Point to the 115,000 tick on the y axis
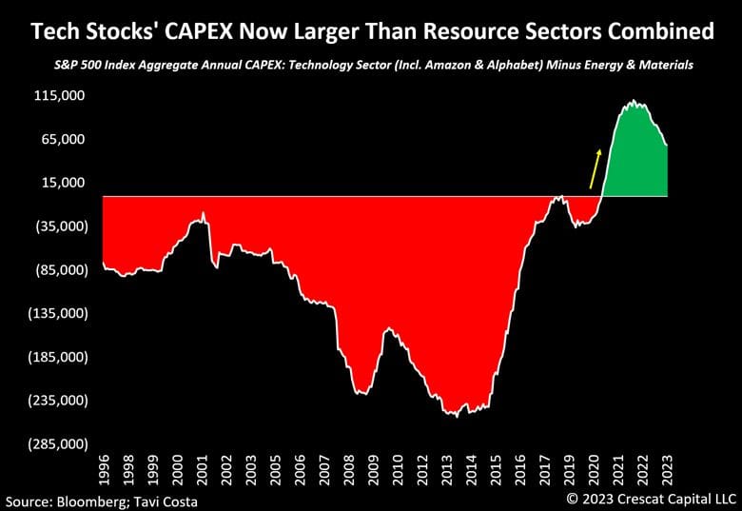(60, 96)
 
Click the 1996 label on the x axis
(105, 471)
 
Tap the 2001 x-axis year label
(202, 471)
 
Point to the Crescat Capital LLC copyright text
(652, 498)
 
